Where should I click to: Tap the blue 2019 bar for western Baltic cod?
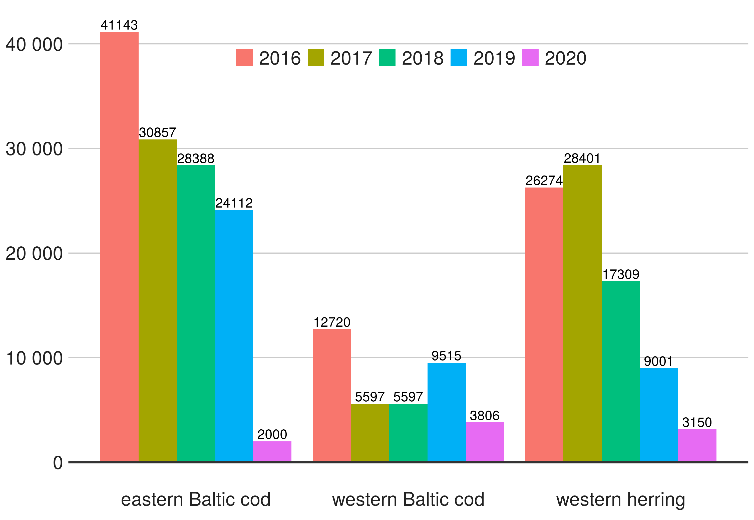point(446,412)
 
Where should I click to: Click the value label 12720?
point(332,322)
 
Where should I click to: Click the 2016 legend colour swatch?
point(244,58)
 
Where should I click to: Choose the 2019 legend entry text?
point(494,58)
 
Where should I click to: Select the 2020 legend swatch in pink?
point(530,58)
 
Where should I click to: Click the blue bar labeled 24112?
point(234,335)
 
